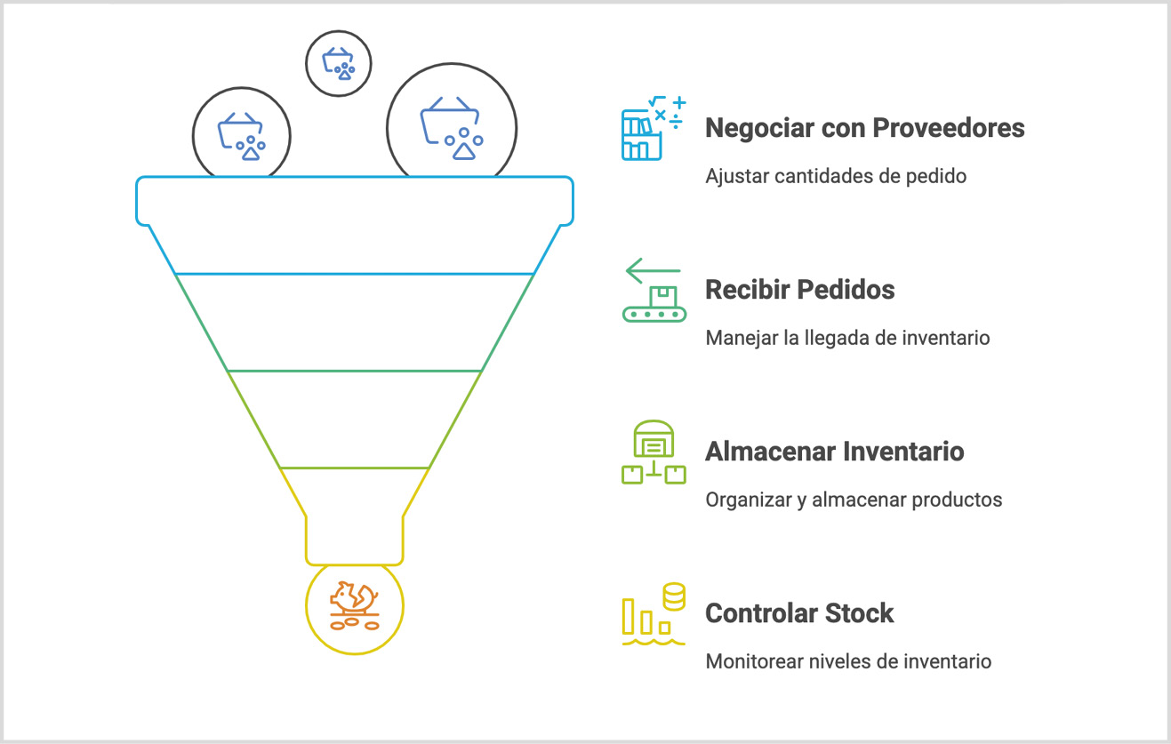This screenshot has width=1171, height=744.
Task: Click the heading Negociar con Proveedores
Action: [864, 128]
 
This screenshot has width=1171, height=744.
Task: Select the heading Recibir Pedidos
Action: [799, 290]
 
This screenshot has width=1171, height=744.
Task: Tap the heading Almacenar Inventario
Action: [834, 452]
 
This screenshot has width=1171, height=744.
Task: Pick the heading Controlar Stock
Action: [799, 613]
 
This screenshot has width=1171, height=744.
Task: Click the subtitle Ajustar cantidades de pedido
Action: [835, 176]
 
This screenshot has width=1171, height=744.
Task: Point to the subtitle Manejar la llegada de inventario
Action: [847, 338]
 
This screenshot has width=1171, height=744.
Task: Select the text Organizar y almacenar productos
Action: [854, 500]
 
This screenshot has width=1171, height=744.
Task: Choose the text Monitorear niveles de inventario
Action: [848, 661]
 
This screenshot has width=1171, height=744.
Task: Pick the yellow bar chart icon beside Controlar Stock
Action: [654, 613]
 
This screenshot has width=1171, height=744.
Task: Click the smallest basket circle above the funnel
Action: [339, 63]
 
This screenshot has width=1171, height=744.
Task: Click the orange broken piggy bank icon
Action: [354, 606]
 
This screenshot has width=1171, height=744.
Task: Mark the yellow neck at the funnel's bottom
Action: [354, 539]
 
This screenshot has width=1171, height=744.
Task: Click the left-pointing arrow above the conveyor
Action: [653, 270]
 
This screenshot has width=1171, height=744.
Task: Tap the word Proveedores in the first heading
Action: [948, 128]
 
